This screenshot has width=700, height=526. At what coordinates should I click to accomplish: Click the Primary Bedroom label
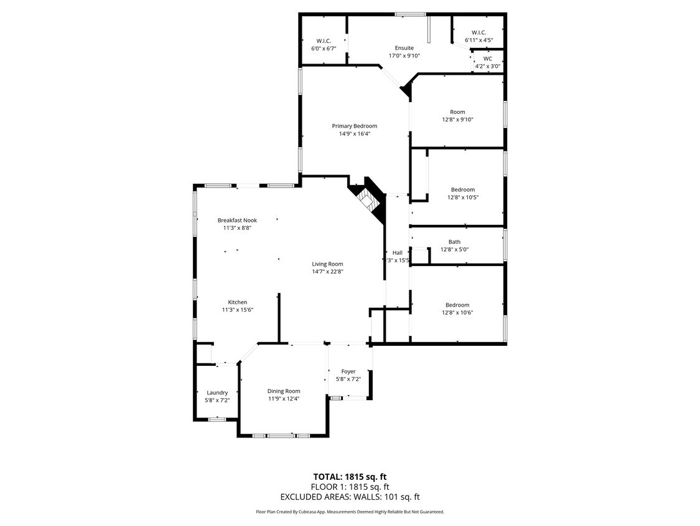tap(354, 126)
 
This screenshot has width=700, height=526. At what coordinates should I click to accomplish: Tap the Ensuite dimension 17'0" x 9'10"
tap(404, 56)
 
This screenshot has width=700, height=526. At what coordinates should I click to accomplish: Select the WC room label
tap(487, 59)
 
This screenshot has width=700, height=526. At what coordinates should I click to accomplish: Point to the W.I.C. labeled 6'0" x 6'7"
tap(324, 41)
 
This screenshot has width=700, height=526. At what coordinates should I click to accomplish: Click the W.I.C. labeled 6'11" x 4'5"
tap(478, 33)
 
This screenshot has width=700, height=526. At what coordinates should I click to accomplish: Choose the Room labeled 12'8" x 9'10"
tap(457, 112)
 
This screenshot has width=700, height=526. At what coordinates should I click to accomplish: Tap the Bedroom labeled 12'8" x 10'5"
tap(462, 189)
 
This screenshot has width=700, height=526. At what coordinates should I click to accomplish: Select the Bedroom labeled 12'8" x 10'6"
tap(457, 305)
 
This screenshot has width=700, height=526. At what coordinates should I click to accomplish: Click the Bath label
tap(454, 242)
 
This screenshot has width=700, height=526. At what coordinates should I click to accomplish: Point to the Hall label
tap(397, 252)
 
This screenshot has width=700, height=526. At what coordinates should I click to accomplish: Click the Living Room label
tap(327, 264)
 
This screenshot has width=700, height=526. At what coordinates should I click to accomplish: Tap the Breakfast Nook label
tap(237, 220)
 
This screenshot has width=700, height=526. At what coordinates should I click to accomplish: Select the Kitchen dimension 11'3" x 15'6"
tap(237, 310)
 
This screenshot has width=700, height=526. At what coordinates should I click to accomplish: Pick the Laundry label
tap(217, 393)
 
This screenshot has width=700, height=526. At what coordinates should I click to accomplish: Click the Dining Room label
tap(284, 391)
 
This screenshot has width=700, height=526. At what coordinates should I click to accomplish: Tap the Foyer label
tap(348, 371)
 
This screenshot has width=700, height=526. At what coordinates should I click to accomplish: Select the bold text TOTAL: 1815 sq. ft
tap(350, 477)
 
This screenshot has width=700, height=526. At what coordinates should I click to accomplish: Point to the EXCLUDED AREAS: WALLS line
tap(350, 497)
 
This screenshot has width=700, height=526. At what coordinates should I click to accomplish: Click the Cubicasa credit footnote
tap(350, 512)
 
